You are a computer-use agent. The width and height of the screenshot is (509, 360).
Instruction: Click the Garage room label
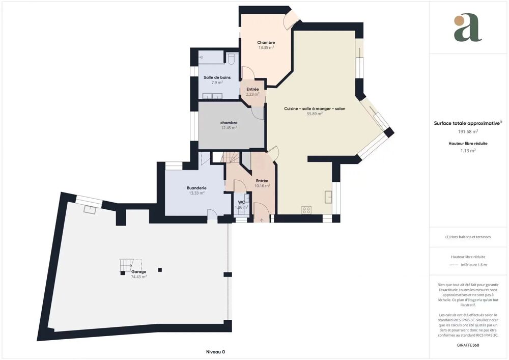138,271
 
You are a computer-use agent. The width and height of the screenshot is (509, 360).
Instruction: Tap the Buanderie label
196,188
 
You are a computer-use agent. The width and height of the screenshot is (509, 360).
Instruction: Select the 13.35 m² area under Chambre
266,48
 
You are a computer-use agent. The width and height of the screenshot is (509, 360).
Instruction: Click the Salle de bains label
217,77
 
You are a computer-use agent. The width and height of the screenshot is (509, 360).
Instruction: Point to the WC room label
241,202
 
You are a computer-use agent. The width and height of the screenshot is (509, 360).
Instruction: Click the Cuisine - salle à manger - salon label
315,108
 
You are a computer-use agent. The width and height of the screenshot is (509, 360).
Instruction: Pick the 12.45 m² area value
229,128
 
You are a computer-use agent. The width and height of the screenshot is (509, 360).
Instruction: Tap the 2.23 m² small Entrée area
252,94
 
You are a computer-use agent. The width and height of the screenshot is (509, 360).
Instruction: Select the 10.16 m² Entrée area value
262,186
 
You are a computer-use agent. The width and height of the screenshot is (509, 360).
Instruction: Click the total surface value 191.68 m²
468,131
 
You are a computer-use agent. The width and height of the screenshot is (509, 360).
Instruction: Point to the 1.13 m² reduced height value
468,151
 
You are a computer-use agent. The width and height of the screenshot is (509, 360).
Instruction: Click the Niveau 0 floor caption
215,352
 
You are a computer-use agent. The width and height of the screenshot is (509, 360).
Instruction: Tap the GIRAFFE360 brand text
468,345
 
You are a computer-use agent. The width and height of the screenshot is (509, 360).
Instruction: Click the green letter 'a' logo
467,28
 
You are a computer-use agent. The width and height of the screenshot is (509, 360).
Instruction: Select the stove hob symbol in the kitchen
306,209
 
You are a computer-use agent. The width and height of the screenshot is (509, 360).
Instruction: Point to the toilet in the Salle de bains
232,60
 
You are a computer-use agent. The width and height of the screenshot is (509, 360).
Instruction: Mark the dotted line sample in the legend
454,265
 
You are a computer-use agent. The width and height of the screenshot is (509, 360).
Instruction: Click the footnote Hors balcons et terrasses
468,237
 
